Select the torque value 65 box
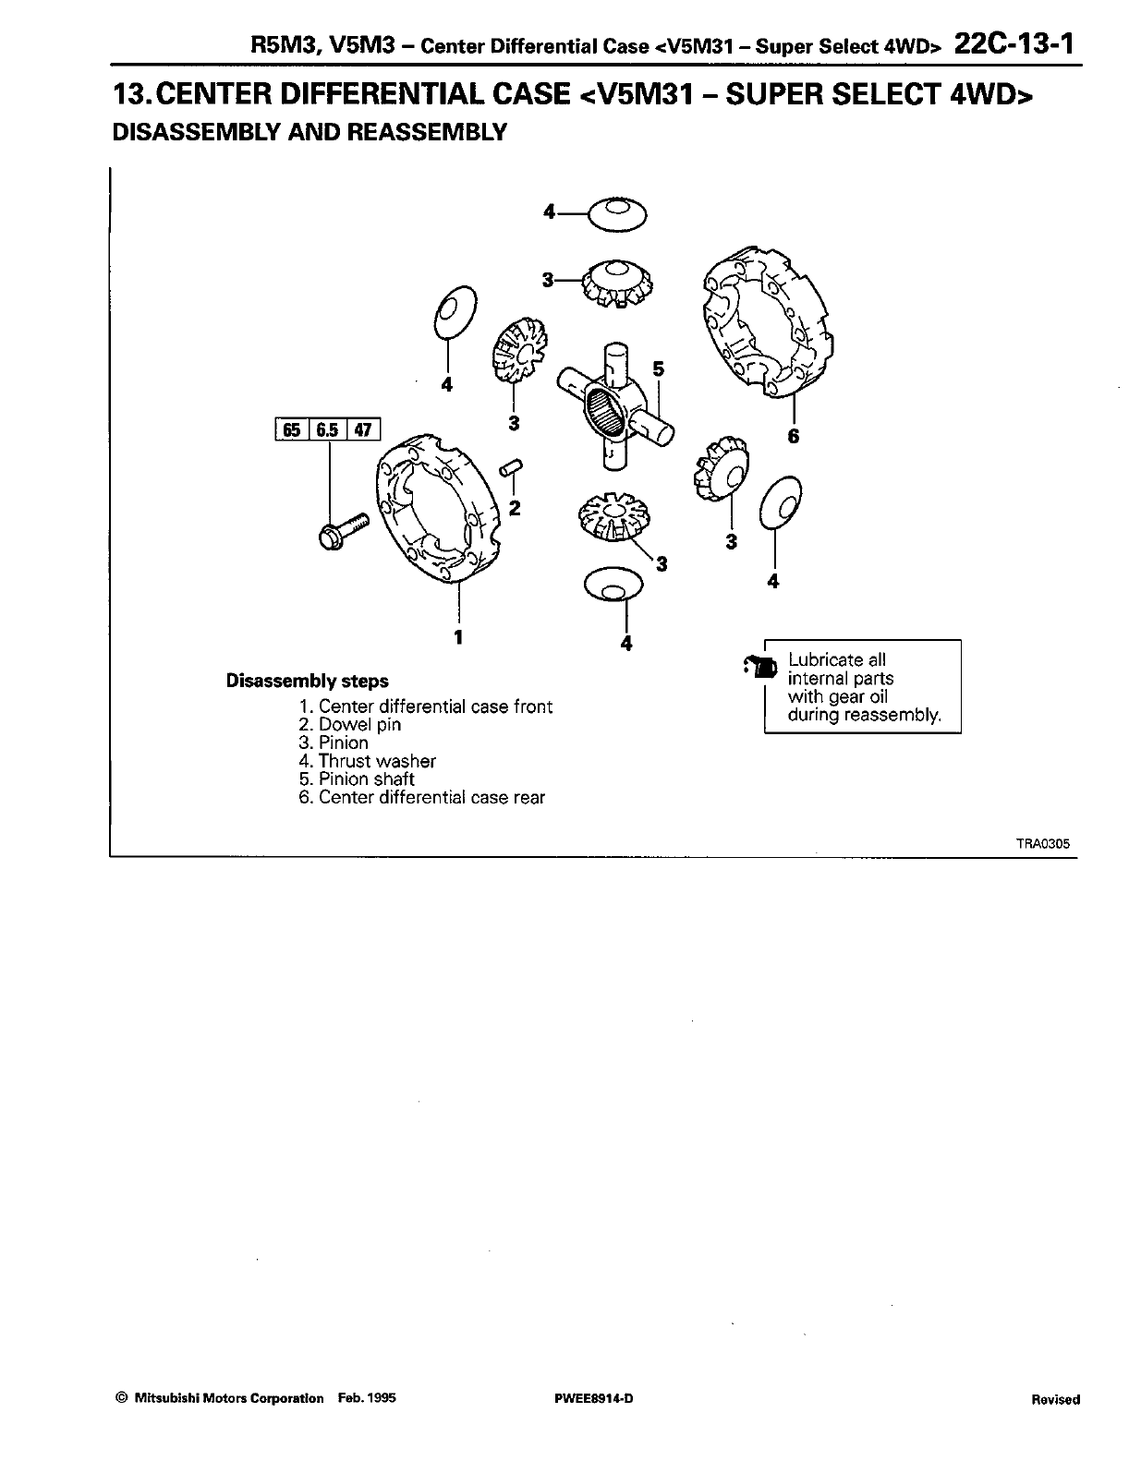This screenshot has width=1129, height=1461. tap(291, 429)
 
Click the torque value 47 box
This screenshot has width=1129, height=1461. tap(363, 429)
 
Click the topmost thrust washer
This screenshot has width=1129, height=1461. tap(617, 215)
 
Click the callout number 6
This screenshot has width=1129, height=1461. tap(793, 437)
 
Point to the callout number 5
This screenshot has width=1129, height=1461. tap(658, 368)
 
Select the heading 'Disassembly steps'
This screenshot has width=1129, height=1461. tap(308, 682)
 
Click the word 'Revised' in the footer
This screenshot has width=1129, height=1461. tap(1055, 1399)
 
